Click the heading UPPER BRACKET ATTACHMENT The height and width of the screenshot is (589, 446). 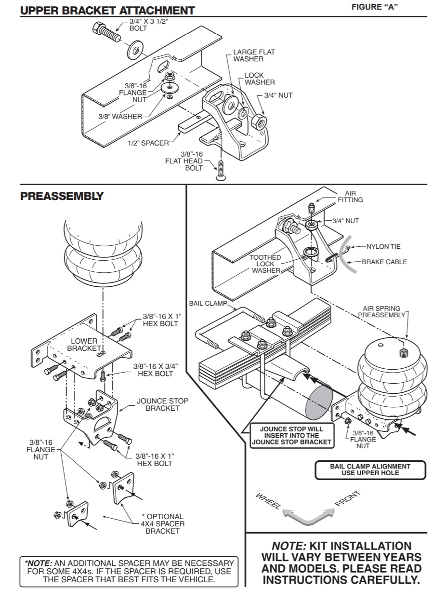coord(107,10)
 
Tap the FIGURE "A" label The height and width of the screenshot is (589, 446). coord(375,7)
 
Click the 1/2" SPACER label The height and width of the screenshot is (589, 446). coord(148,143)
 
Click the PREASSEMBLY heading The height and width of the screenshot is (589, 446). coord(62,196)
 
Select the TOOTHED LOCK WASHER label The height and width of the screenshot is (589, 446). coord(265,264)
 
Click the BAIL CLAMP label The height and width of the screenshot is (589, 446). coord(208,303)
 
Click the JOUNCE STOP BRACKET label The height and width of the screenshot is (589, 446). coord(162,404)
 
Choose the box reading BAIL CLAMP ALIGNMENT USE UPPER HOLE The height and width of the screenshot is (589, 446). coord(370,470)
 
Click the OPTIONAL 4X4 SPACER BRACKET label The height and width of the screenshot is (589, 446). coord(162,523)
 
